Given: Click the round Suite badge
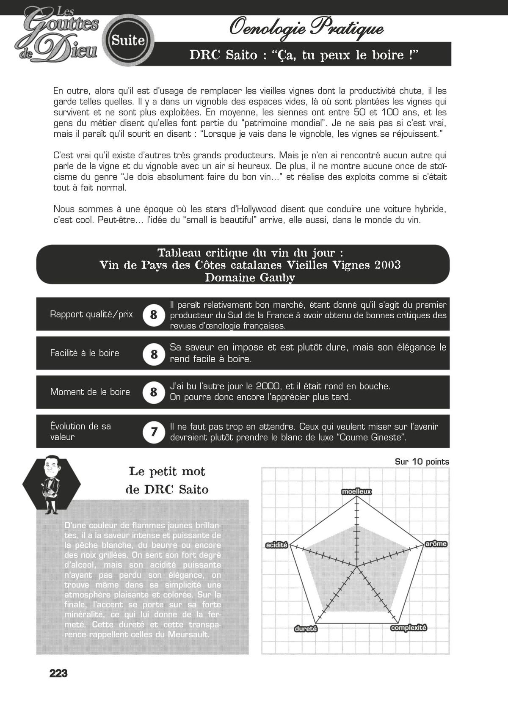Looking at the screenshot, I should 129,41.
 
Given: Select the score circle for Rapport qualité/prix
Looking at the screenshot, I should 153,315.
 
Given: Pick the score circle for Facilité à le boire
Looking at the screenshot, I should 153,353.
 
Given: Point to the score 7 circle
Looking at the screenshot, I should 153,432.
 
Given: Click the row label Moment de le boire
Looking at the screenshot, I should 90,392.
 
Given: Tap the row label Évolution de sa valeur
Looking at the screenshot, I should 80,431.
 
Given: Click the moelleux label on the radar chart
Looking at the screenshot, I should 356,491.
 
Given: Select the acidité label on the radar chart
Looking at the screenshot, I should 276,545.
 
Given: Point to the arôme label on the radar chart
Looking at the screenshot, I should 436,543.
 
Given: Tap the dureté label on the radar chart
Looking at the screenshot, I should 306,629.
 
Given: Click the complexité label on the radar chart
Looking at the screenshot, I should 409,628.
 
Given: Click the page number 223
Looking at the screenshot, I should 58,673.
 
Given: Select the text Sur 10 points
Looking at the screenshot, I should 422,462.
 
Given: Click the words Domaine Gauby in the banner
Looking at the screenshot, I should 250,278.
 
